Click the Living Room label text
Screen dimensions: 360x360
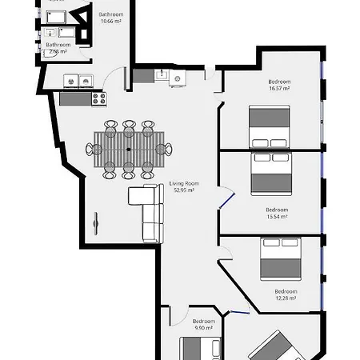(183, 183)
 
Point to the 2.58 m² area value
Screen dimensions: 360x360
(58, 51)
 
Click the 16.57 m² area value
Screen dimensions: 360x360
(279, 88)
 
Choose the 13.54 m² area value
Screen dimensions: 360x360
(277, 216)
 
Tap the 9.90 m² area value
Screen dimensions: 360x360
(204, 328)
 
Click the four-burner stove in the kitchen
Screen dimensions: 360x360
(100, 98)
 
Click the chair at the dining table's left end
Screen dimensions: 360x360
(91, 149)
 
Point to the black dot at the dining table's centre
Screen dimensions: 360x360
(128, 149)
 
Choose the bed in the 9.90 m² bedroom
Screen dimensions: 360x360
(199, 349)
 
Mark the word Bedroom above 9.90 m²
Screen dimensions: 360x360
(204, 322)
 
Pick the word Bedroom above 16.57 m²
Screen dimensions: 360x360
(279, 82)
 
